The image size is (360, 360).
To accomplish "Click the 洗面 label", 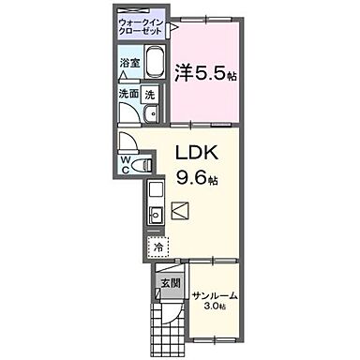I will (x=128, y=94).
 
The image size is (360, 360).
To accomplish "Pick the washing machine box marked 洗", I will (x=150, y=94).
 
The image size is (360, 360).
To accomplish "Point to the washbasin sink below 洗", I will (x=151, y=117).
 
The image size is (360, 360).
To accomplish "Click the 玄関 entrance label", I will (x=169, y=282).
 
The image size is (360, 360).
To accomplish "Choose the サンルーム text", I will (x=215, y=296).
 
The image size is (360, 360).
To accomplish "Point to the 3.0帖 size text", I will (x=216, y=307).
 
